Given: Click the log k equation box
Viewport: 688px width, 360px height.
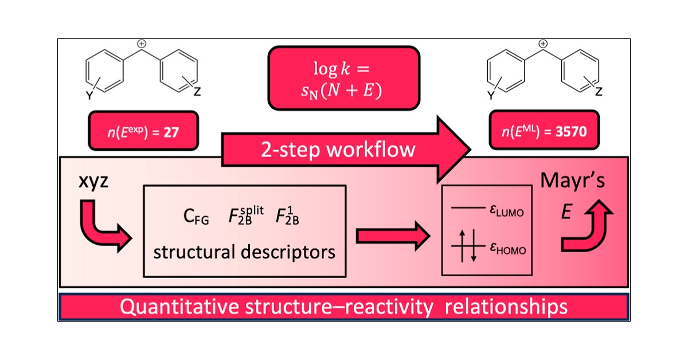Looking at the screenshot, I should click(x=343, y=78).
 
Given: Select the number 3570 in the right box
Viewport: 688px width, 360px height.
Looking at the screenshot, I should click(x=571, y=131).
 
